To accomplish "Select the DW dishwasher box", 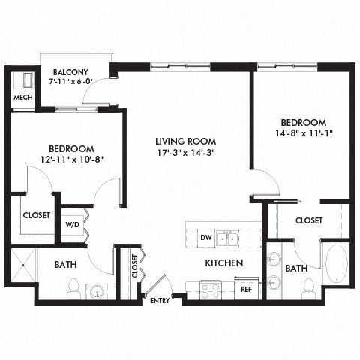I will [205, 238].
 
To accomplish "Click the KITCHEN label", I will [224, 263].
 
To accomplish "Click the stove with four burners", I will [210, 288].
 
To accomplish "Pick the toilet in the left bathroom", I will [73, 287].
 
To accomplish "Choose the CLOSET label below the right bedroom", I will [308, 220].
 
